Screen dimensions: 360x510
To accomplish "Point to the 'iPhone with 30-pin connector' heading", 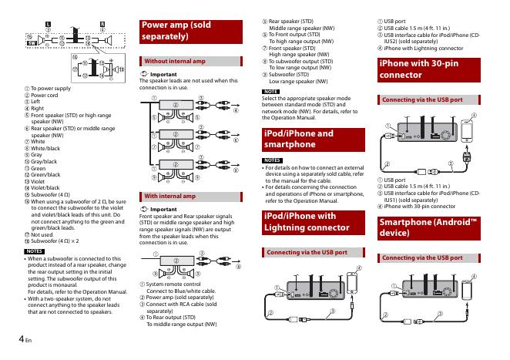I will [x=424, y=69].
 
